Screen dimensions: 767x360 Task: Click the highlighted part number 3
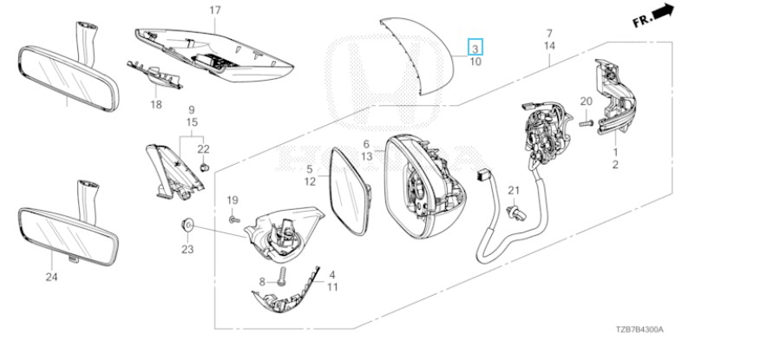coord(475,49)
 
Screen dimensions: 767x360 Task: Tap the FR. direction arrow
coord(663,12)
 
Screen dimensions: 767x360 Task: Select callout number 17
coord(215,10)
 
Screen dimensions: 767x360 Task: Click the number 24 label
coord(52,278)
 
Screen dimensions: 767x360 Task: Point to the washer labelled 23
coord(187,225)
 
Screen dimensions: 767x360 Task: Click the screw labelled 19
coord(233,219)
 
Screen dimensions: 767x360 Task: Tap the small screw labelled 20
coord(586,123)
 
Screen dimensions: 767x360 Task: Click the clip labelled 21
coord(515,213)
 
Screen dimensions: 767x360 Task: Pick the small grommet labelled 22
coord(206,167)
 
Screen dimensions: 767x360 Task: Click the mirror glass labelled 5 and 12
coord(351,191)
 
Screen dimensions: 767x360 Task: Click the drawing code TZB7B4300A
coord(639,330)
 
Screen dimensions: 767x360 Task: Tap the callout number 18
coord(156,105)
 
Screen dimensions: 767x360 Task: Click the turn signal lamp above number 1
coord(615,98)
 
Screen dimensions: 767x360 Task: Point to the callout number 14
coord(549,46)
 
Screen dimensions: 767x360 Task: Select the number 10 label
coord(475,62)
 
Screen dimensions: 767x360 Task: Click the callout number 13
coord(367,156)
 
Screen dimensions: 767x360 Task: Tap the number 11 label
coord(332,287)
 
